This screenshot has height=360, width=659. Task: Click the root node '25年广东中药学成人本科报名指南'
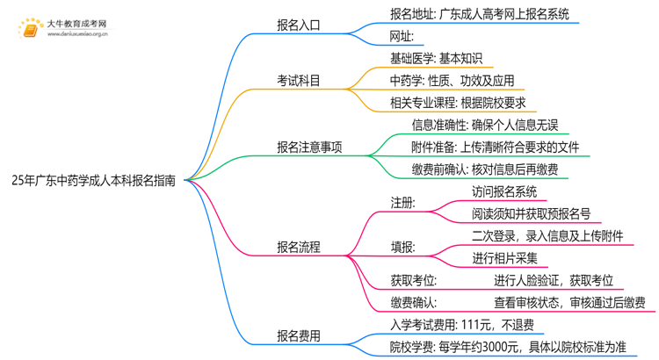[93, 181]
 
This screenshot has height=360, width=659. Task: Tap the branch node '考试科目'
[300, 81]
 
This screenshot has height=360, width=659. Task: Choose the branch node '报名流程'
[300, 247]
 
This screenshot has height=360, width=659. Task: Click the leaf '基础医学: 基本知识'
[436, 59]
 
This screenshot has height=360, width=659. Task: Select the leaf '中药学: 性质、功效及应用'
[452, 81]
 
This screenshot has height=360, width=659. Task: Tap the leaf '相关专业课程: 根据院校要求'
[457, 103]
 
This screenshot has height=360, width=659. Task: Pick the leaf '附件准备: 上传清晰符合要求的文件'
[495, 148]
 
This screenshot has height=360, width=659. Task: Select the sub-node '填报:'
[403, 247]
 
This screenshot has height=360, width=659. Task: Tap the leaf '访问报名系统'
[504, 191]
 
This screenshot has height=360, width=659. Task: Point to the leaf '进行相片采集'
[504, 258]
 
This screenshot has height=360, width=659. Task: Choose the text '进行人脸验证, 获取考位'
[553, 280]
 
